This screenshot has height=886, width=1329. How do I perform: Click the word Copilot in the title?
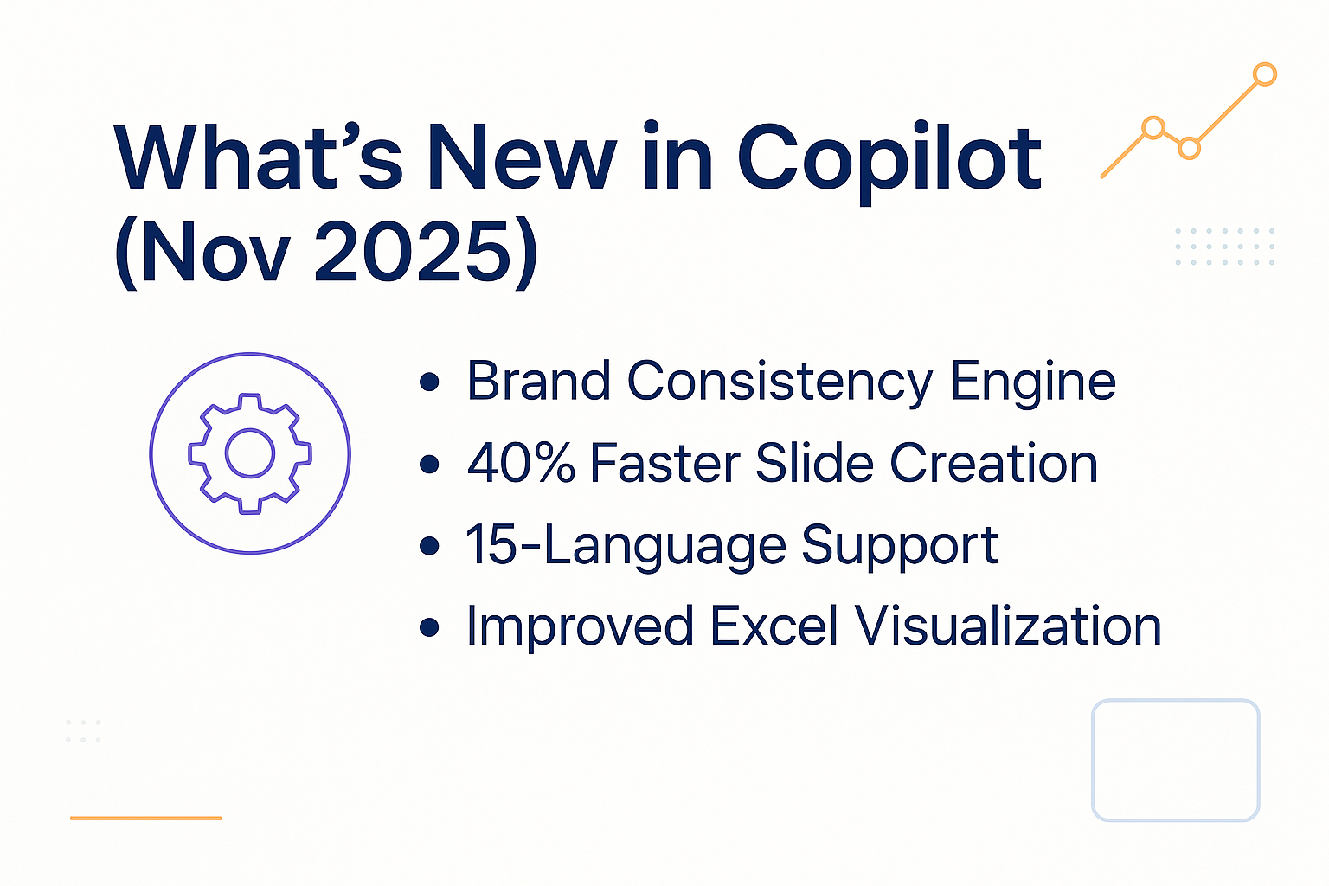tap(889, 160)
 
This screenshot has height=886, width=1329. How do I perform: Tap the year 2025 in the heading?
tap(413, 252)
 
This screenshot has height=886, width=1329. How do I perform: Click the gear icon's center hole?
tap(250, 453)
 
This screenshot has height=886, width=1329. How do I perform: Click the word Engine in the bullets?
tap(1033, 382)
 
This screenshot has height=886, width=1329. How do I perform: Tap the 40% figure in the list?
tap(521, 463)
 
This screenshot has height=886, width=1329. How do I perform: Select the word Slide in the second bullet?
tap(814, 463)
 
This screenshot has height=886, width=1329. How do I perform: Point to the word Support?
tap(900, 547)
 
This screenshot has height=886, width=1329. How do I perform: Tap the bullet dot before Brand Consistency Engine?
tap(429, 382)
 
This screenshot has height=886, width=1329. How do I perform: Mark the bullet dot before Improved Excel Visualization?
tap(429, 626)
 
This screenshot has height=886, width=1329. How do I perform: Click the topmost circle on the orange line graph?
tap(1265, 74)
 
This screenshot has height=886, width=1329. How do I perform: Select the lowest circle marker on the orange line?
tap(1190, 149)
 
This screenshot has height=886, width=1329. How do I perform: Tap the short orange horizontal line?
tap(145, 818)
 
